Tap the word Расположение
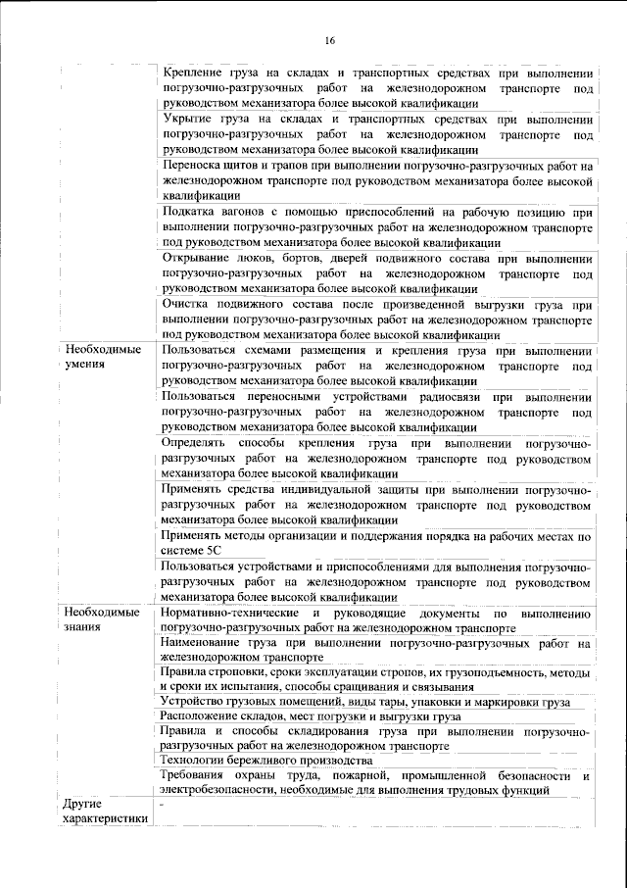pyautogui.click(x=207, y=716)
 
